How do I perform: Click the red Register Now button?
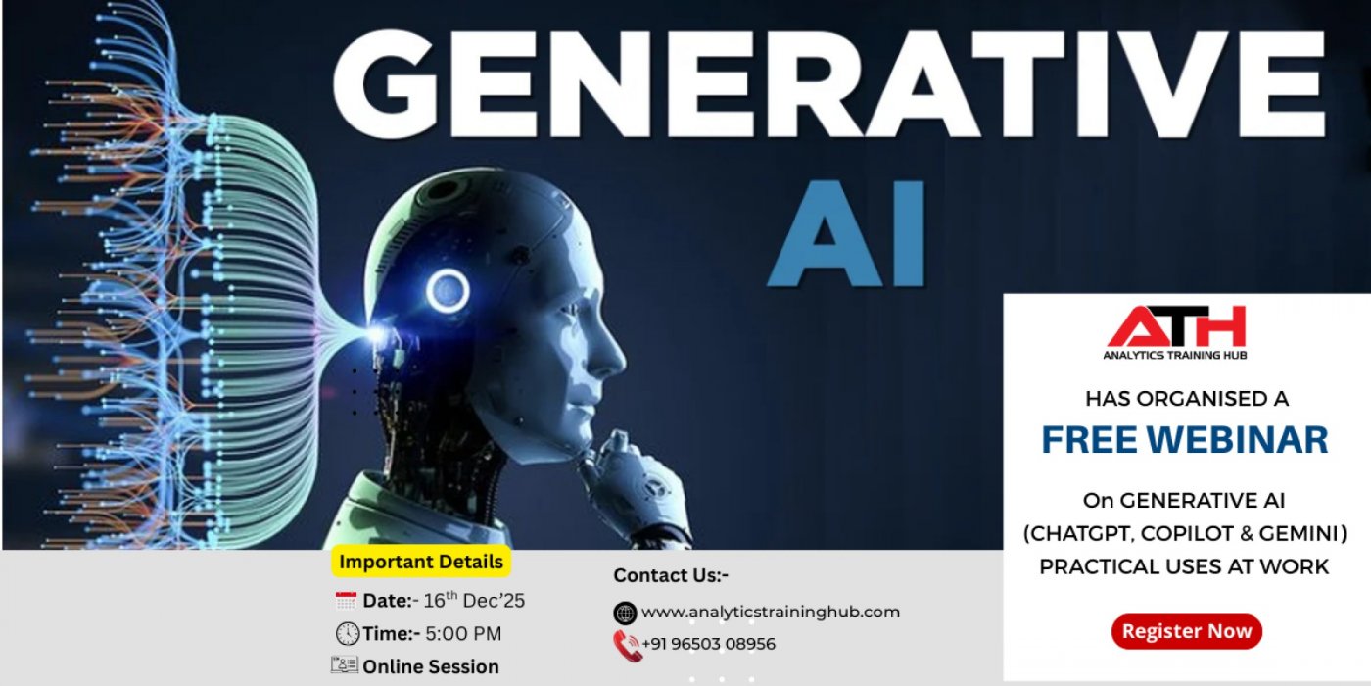click(1186, 631)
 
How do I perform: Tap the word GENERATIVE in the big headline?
click(828, 82)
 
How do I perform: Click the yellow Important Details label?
click(421, 562)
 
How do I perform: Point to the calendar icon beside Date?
click(346, 601)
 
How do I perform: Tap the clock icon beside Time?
click(347, 634)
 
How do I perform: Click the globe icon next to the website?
click(625, 613)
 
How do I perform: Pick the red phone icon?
click(625, 644)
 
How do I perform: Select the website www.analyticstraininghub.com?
click(770, 612)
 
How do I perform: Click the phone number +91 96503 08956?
click(708, 644)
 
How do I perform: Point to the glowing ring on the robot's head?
click(448, 290)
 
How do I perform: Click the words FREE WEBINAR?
click(1184, 440)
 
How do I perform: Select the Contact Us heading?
click(671, 575)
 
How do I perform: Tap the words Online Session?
click(430, 666)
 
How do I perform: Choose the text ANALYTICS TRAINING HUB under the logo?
click(1174, 355)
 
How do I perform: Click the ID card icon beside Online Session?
click(344, 665)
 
